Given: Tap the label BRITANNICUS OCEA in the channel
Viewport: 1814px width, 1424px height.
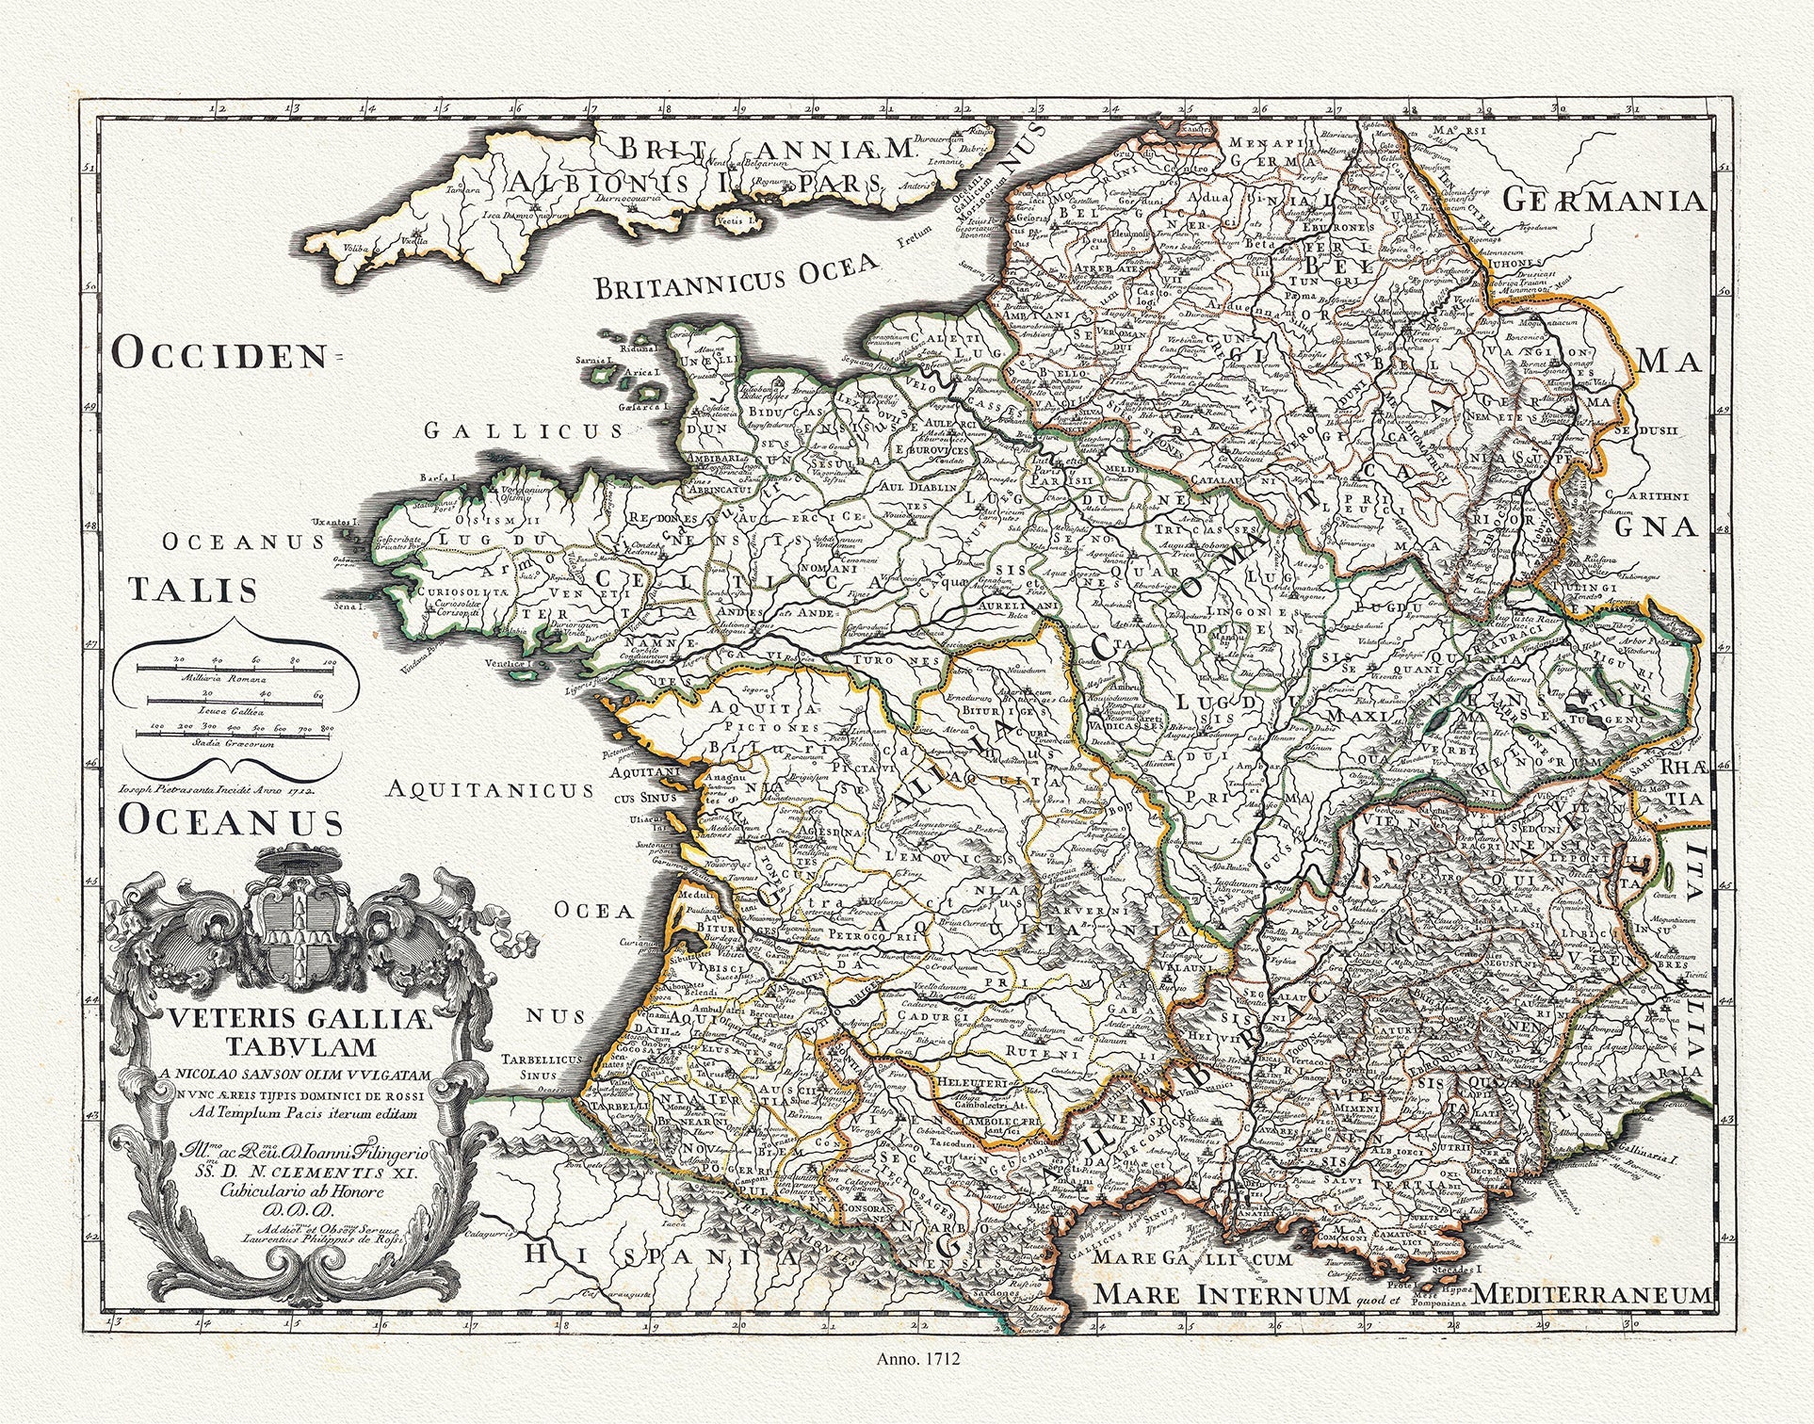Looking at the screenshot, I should (737, 278).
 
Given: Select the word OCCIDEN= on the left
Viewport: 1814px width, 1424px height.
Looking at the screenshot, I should (219, 355).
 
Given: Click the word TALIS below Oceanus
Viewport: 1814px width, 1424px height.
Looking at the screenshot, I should (193, 590).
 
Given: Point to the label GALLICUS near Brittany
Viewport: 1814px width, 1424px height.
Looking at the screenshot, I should (523, 430).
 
